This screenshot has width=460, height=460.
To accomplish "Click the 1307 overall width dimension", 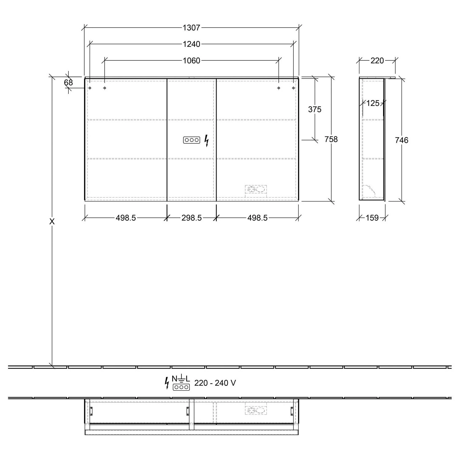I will tap(191, 28).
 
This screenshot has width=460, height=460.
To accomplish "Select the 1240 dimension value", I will tap(191, 44).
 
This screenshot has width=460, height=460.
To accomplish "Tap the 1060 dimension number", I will tap(191, 61).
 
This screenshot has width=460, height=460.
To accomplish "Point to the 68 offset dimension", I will tap(68, 82).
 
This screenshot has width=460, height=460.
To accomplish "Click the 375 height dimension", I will tap(315, 109).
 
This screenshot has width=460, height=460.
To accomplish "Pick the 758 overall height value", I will tap(331, 139).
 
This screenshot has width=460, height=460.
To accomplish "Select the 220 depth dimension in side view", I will tap(377, 61).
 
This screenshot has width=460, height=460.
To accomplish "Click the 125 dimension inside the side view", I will tap(373, 103).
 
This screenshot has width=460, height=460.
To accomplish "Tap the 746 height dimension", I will tap(401, 140).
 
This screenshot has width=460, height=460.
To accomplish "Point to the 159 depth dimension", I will tap(372, 218).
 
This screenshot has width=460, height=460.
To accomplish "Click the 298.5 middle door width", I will tap(191, 218).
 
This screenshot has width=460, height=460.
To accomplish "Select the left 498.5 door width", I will tap(126, 218).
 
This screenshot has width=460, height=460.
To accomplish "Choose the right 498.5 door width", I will tap(257, 218).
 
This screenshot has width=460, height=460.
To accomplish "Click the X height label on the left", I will tap(52, 221).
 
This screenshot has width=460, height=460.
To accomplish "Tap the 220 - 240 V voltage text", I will tap(215, 383).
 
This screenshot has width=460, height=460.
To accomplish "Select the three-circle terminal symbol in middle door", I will tap(192, 140).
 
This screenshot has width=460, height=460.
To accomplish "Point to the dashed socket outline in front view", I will tap(256, 190).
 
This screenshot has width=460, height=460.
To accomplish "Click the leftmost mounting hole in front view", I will tap(90, 88).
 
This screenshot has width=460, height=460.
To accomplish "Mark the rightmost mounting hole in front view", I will tap(293, 88).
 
